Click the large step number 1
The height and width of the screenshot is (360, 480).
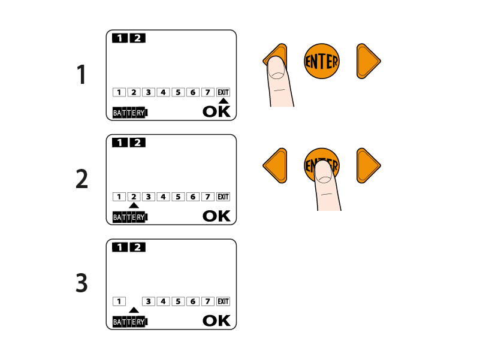(81, 74)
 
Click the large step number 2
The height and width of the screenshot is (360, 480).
(81, 179)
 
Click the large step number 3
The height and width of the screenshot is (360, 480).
(81, 283)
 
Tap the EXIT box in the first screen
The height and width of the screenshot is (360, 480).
(223, 92)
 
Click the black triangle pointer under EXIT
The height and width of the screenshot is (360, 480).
(224, 101)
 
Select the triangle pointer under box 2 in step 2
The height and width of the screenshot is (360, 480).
(134, 205)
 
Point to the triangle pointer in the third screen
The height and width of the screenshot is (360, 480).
(134, 310)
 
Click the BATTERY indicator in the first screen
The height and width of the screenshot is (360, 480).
(130, 113)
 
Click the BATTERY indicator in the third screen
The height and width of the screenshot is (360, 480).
(130, 322)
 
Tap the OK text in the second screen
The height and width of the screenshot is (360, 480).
(216, 216)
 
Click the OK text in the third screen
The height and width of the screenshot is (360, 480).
(216, 320)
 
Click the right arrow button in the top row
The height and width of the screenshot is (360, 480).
(369, 61)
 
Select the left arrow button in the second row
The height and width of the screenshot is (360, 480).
(275, 165)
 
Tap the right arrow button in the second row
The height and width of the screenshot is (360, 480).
(369, 165)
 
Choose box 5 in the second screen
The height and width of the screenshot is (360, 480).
(178, 197)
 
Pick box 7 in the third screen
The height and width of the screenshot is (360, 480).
(207, 301)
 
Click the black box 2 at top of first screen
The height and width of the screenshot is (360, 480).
(138, 38)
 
